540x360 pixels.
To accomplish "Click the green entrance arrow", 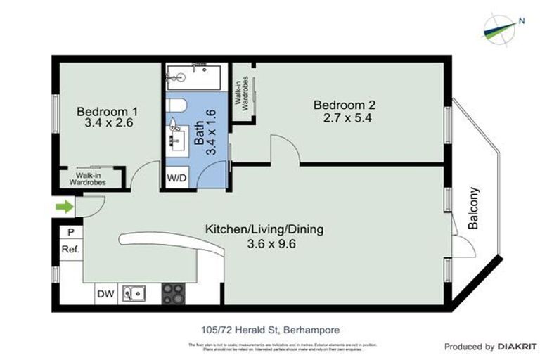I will coord(65,207).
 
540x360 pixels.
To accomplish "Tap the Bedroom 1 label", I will coord(107,111).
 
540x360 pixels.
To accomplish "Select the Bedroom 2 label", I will coord(345,105).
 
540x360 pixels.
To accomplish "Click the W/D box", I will coord(176,178).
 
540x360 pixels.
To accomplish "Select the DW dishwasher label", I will coord(105,293).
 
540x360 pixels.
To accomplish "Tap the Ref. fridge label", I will coord(70,250).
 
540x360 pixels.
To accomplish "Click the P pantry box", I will coord(70,232).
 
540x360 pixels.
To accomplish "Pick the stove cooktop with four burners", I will coord(172,292).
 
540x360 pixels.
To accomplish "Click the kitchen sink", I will coord(134,292).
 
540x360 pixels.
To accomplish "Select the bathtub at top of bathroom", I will coord(193,77).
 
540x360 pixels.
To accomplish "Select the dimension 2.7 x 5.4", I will coord(345,118).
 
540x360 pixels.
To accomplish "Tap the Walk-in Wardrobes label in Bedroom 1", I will coord(87,178).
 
